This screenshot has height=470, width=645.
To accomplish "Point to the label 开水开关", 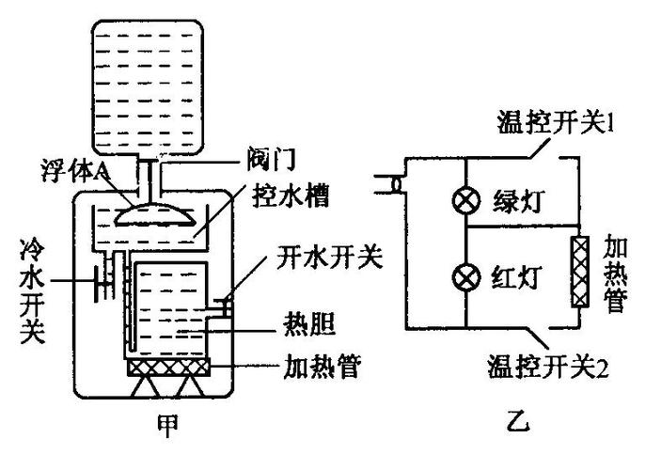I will click(328, 257).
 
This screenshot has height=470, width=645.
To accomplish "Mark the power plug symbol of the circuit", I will click(388, 183).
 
